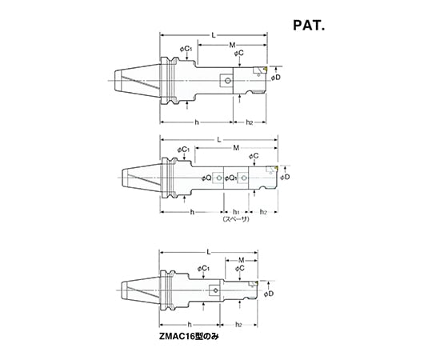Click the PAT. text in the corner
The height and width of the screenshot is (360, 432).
click(x=309, y=26)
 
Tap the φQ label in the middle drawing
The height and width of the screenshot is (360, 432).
click(x=206, y=178)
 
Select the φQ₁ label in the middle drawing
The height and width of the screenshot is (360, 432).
click(x=230, y=178)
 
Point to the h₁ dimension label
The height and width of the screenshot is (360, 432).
click(x=236, y=212)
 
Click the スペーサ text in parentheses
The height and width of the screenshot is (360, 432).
click(x=236, y=219)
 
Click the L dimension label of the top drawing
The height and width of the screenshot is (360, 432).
click(x=214, y=35)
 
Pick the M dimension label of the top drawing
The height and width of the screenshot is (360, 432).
click(x=232, y=45)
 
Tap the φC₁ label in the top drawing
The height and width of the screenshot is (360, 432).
click(x=186, y=50)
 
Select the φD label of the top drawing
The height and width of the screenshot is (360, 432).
click(x=275, y=78)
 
